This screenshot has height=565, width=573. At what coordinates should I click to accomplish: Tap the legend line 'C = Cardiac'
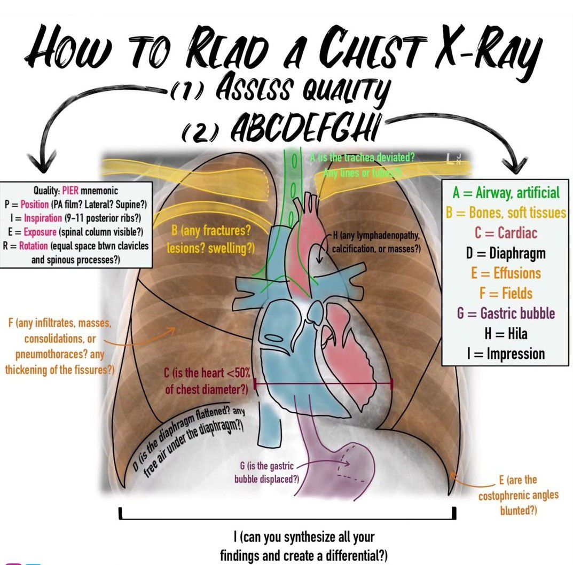tap(506, 233)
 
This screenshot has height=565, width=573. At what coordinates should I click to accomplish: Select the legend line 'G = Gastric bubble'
tap(506, 313)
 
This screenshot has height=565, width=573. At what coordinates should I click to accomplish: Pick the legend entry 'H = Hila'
tap(506, 334)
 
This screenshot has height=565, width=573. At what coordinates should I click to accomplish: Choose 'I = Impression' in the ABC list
tap(506, 354)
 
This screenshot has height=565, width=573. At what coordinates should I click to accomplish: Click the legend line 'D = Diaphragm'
tap(506, 253)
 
